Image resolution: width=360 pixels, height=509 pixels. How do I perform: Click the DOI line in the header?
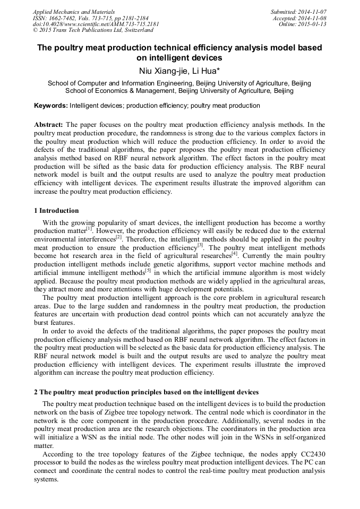(x=96, y=24)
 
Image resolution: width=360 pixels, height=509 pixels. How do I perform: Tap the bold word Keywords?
(x=50, y=106)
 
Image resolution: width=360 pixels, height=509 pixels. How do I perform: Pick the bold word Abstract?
(x=49, y=124)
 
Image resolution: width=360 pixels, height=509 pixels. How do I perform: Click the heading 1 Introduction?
(x=56, y=211)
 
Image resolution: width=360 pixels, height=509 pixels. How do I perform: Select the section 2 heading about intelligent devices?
(x=146, y=392)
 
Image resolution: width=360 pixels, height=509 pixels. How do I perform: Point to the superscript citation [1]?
(x=90, y=229)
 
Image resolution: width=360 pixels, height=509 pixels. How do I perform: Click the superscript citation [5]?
(x=148, y=270)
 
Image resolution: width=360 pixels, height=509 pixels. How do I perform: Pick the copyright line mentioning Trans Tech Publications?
(x=93, y=30)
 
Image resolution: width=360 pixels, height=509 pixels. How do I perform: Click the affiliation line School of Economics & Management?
(x=179, y=91)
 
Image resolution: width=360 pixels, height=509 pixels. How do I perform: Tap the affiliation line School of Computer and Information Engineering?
(x=179, y=83)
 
